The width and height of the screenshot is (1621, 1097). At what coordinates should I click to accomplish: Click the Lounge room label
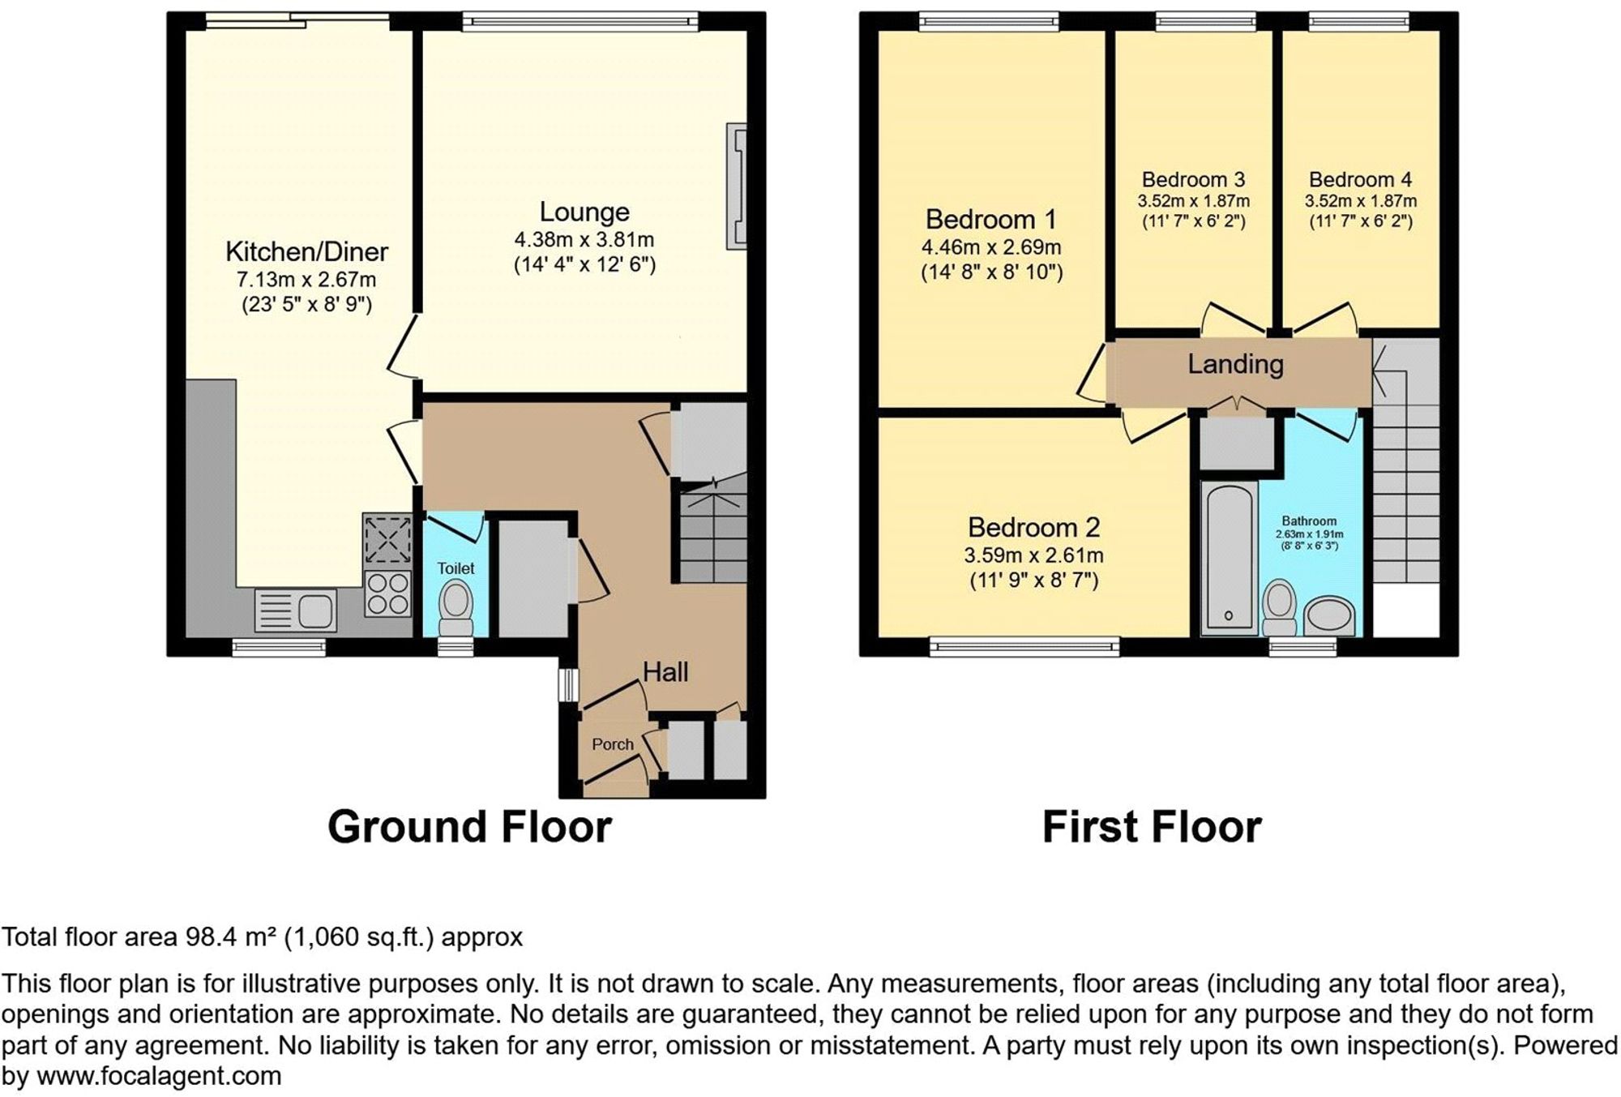point(584,212)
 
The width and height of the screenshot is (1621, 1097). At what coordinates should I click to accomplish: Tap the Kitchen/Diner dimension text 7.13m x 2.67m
point(306,281)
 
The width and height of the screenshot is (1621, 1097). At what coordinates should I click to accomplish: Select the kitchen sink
point(296,610)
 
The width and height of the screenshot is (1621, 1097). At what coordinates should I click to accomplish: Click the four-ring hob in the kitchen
point(388,594)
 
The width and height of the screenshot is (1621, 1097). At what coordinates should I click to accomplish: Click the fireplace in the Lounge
point(737,186)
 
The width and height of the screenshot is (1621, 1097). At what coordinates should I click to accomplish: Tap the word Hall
point(665,671)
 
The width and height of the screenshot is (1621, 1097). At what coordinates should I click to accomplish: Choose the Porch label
point(612,744)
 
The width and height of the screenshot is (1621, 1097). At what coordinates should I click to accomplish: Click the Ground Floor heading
point(469,827)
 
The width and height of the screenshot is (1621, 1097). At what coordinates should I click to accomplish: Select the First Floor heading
point(1152,827)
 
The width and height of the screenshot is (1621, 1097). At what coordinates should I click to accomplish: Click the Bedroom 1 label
point(991,220)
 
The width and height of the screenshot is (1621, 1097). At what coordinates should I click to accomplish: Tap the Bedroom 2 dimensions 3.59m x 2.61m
point(1033,555)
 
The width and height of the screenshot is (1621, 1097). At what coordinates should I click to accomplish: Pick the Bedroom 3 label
point(1193,179)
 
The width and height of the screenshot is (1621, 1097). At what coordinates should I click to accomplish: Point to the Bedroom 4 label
point(1360,179)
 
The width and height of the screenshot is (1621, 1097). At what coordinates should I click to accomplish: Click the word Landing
point(1235,364)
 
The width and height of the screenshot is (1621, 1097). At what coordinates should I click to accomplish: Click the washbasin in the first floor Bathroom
point(1329,615)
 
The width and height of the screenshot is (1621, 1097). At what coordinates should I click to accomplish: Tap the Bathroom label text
point(1309,521)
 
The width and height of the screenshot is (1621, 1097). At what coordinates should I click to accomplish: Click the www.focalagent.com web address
point(159,1077)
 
